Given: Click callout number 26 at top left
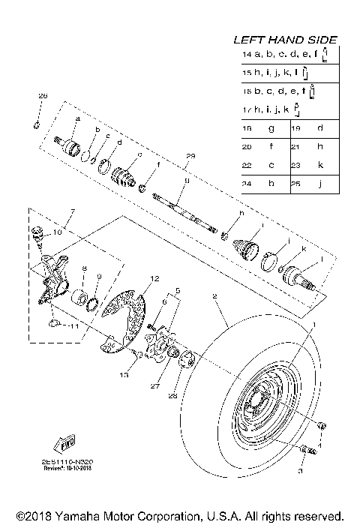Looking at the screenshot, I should coord(43,97).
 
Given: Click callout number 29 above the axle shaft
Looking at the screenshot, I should coord(190,156).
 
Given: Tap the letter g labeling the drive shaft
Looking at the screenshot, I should coord(185,181).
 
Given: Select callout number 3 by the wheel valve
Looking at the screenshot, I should coord(301,473).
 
